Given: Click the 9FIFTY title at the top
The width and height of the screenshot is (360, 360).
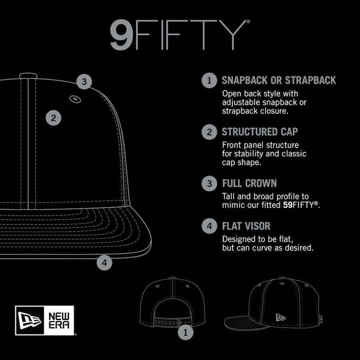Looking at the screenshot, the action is pos(180,34).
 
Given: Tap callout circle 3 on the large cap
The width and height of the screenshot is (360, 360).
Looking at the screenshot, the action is pos(84,82).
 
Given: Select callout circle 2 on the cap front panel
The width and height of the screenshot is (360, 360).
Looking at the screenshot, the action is pos(54,118).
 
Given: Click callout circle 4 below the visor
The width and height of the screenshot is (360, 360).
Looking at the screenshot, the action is pos(104,262).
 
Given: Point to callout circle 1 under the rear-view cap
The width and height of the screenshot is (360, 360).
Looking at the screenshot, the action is pos(186,332).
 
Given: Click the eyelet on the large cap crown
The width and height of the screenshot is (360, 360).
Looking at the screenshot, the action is pos(75,99).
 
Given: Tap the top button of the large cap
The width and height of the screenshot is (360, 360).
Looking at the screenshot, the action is pos(28,76).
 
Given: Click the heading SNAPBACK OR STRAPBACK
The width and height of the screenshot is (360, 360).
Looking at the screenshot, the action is pos(279,80).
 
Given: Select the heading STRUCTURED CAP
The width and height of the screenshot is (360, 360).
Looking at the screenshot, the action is pos(260,132).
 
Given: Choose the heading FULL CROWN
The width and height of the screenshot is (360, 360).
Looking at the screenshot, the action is pos(249,183).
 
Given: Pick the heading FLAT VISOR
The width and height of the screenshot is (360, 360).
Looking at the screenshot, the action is pos(246,226).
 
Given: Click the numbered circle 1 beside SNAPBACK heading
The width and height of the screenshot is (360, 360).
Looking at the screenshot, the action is pos(209,80).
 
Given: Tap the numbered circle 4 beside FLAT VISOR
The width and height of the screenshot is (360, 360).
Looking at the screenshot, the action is pos(209,226).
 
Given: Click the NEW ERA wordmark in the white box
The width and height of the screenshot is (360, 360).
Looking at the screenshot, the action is pos(59,320).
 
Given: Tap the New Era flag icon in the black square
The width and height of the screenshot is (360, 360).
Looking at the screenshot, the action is pos(30,320).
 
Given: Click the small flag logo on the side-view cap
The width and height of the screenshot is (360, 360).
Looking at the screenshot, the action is pos(280,317).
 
